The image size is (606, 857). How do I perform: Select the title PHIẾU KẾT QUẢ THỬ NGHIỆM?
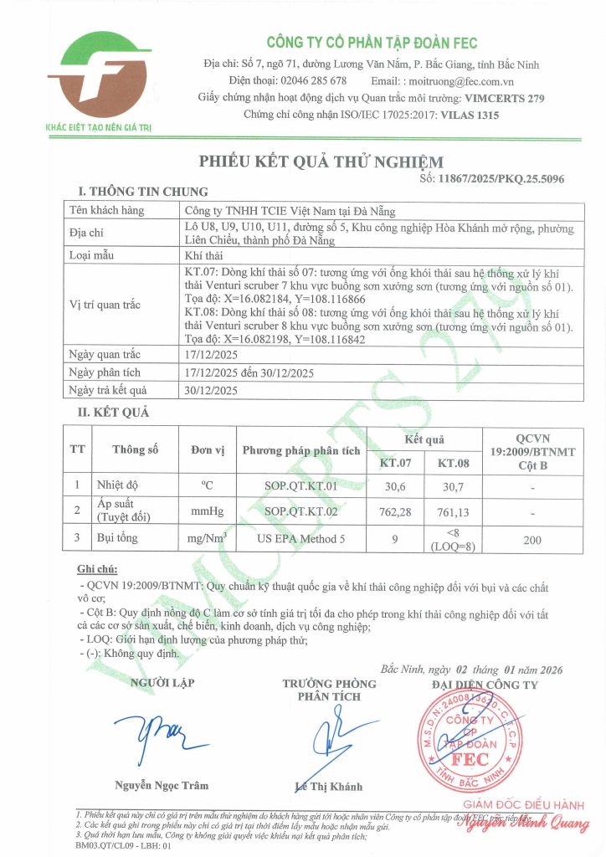point(321,162)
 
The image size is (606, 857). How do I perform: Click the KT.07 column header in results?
point(395,462)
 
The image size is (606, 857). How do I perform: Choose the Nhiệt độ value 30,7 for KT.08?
point(453,485)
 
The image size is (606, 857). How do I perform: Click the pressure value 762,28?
point(395,511)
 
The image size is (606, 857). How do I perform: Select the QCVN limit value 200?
point(532,541)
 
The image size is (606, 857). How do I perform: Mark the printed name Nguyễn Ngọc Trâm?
point(162,785)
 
